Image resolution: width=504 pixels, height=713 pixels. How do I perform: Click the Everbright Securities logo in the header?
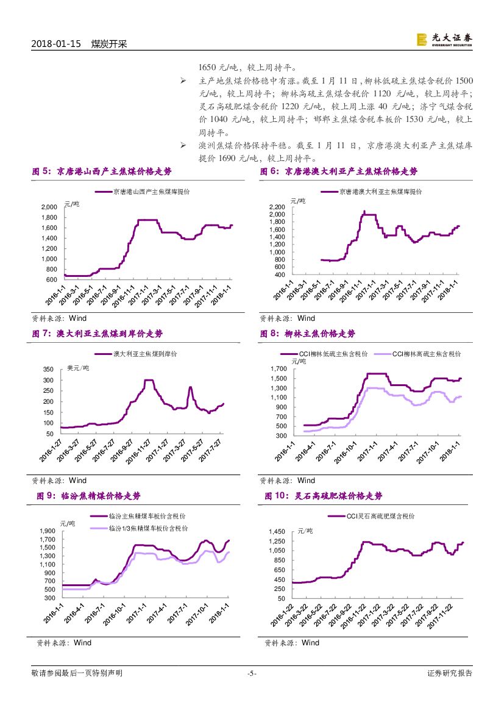click(444, 40)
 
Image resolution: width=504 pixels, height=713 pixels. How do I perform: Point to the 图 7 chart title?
click(98, 334)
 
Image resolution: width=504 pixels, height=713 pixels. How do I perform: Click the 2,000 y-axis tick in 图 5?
click(49, 207)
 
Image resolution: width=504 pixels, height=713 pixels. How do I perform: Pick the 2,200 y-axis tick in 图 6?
click(277, 207)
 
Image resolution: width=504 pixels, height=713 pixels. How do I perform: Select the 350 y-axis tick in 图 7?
click(48, 370)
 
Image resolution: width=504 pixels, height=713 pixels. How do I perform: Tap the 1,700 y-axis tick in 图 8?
click(278, 369)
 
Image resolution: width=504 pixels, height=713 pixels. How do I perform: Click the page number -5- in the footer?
click(252, 673)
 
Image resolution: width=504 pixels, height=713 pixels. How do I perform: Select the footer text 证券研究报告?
click(450, 673)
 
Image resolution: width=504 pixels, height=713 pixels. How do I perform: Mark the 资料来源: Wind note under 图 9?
click(64, 643)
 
